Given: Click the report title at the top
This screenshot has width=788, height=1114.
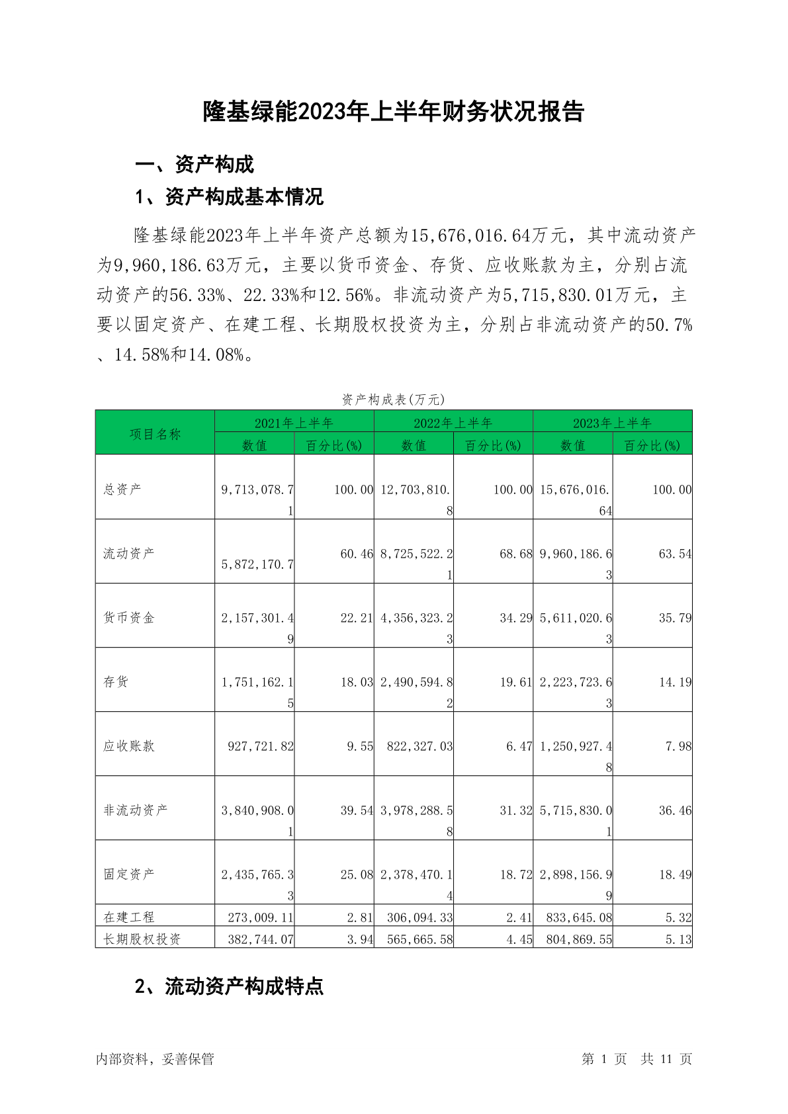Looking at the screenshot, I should pos(394,112).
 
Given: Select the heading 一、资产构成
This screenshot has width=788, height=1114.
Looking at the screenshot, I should pos(195,164).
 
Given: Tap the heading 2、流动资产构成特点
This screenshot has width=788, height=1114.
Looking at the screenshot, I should pos(229,986).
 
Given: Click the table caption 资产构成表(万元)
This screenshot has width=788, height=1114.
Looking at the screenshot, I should pos(393,400).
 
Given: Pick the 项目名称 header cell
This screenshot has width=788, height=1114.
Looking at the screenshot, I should pos(155,434).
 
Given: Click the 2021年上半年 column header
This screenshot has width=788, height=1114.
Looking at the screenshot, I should pos(294,423).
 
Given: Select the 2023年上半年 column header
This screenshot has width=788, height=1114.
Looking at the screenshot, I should pos(612,423).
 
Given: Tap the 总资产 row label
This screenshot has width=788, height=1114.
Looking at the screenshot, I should pos(122,490).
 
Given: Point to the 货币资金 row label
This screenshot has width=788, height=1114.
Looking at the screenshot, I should pos(129,618).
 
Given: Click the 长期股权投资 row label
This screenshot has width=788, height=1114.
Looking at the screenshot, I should pos(142,939).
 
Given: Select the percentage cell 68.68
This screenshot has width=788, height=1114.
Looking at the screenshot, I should pos(515,554).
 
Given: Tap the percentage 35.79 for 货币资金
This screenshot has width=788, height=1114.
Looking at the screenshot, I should pos(675,618).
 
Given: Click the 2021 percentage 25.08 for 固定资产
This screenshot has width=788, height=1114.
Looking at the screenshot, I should pos(357,875).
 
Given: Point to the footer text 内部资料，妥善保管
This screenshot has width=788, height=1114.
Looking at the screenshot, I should pos(155,1059).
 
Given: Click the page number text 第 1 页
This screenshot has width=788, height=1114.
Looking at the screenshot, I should pos(604,1059).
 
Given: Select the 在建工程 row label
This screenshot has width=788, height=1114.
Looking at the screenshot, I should pos(129,918).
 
